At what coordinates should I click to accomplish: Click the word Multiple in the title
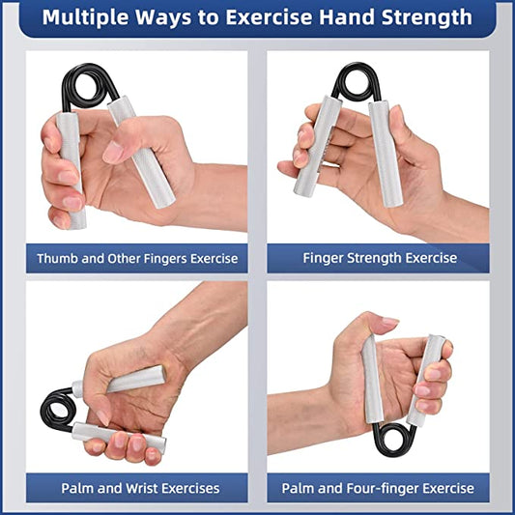(85, 17)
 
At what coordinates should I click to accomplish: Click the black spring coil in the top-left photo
(86, 86)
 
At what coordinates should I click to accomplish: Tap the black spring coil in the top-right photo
(357, 81)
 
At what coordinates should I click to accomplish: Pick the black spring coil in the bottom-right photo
(394, 440)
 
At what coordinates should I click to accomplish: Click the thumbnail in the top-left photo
(113, 152)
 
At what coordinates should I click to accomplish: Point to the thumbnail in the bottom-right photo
(390, 321)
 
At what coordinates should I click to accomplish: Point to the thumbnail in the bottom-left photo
(102, 417)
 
